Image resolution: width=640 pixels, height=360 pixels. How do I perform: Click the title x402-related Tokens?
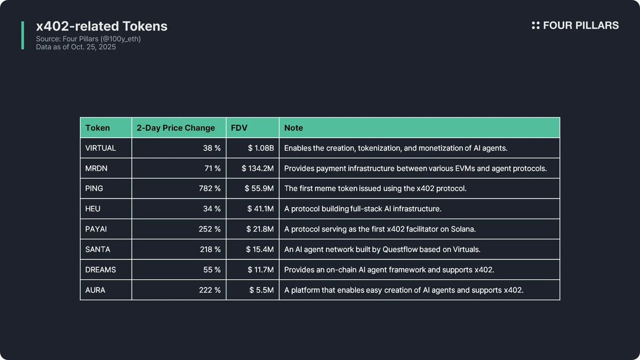(x=101, y=26)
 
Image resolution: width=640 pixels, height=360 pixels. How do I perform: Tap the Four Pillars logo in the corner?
(x=575, y=26)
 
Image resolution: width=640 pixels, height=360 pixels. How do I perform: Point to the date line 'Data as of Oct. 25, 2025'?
(x=76, y=47)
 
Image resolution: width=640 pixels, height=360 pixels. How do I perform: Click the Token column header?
(x=98, y=128)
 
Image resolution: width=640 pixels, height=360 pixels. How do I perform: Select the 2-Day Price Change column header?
(x=176, y=128)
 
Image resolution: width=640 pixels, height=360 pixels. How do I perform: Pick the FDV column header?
(x=239, y=128)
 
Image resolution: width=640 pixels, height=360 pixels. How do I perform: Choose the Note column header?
(x=293, y=128)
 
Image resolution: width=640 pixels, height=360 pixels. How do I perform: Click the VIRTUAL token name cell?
(x=100, y=148)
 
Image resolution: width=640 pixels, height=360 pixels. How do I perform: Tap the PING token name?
(x=94, y=189)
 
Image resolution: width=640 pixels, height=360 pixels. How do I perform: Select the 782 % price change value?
(x=210, y=189)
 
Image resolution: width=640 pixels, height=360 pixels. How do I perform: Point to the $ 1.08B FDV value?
(x=261, y=148)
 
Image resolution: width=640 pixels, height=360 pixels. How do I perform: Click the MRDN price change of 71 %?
(x=212, y=169)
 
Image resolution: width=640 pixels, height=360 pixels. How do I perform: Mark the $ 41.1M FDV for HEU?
(x=260, y=209)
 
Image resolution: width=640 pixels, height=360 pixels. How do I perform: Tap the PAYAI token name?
(x=97, y=229)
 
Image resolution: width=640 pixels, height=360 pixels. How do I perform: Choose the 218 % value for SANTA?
(x=210, y=250)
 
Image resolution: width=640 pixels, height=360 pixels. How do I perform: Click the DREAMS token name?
(x=100, y=270)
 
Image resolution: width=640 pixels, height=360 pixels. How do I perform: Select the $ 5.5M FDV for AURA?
(x=261, y=290)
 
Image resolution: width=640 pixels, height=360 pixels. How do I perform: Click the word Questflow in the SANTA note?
(x=401, y=250)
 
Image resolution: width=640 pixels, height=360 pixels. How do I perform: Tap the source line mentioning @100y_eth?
(x=89, y=39)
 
